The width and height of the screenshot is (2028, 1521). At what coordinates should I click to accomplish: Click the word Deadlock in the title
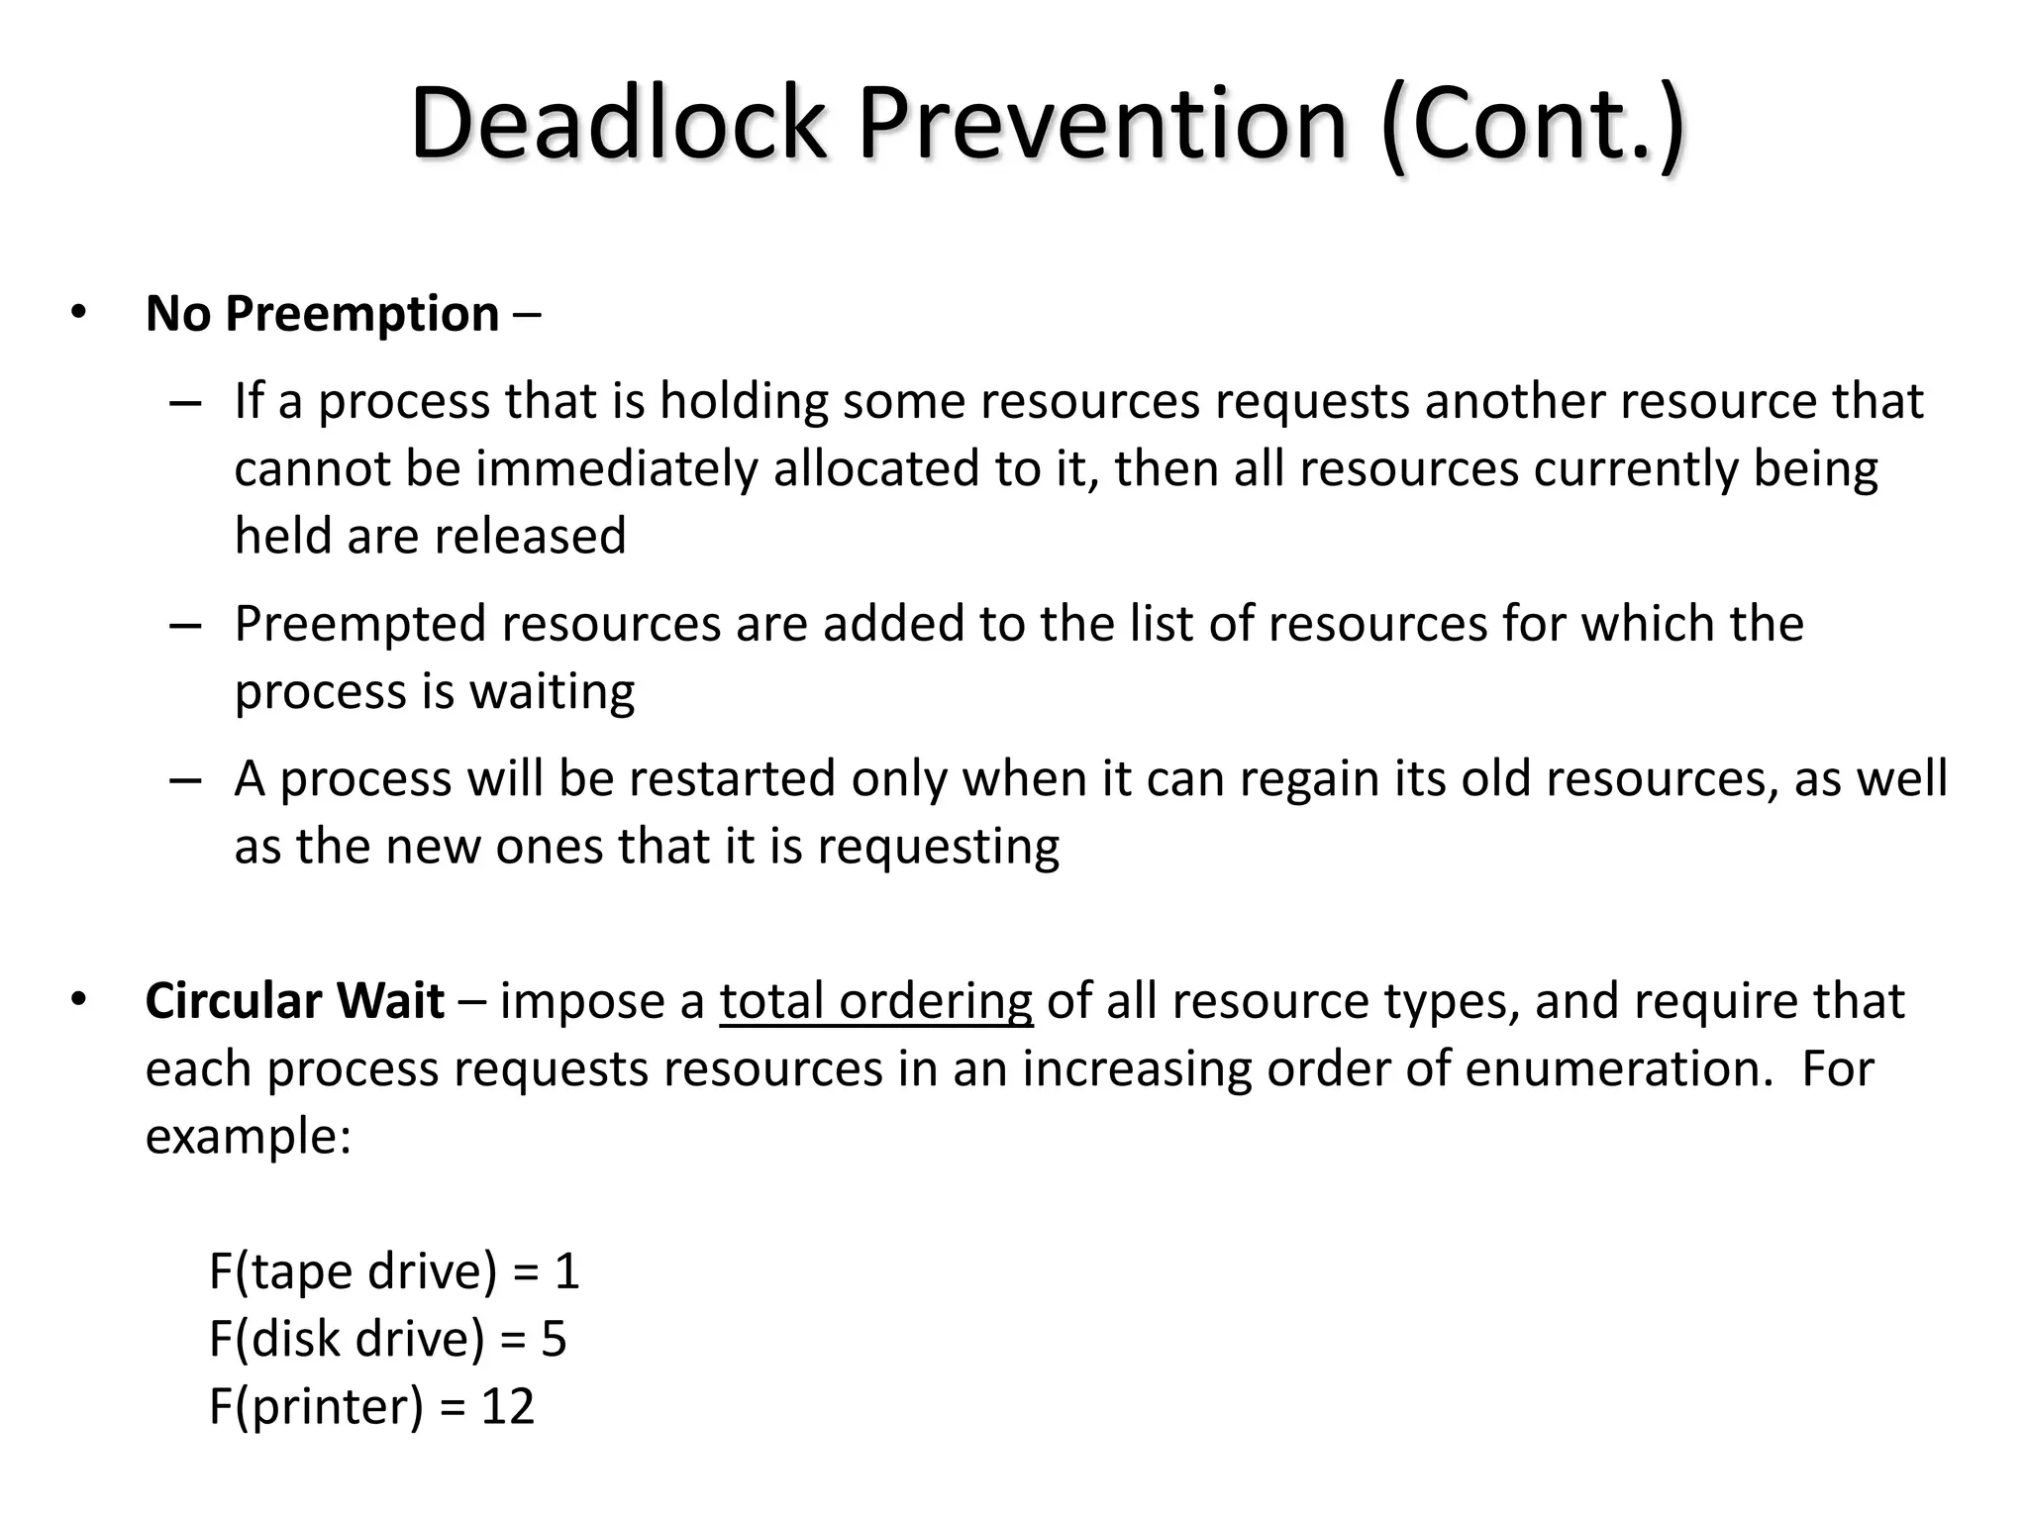click(618, 125)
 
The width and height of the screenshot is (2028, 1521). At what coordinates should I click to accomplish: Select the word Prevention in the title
click(1102, 125)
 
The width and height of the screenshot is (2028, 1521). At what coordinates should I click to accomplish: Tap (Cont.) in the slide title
click(1531, 125)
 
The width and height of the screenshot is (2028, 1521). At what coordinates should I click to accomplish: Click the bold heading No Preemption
click(322, 315)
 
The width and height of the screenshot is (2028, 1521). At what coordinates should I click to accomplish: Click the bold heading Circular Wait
click(294, 1001)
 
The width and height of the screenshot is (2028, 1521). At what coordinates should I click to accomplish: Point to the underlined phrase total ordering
click(875, 1001)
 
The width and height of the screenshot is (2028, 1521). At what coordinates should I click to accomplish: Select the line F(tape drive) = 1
click(393, 1271)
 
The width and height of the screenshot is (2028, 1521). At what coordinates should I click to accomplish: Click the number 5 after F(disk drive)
click(554, 1339)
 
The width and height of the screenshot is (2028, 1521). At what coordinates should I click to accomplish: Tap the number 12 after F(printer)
click(507, 1406)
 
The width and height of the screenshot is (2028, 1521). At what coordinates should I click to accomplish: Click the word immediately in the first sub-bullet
click(616, 468)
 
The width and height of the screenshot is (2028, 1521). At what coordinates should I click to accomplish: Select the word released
click(530, 536)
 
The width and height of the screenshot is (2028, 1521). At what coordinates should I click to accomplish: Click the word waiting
click(552, 691)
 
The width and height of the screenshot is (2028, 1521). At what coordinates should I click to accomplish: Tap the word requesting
click(937, 847)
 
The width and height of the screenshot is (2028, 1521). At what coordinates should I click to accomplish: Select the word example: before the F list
click(248, 1136)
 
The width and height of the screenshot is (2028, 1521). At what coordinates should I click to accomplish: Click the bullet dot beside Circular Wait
click(78, 999)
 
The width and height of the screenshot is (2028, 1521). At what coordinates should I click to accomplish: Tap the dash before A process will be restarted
click(185, 779)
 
